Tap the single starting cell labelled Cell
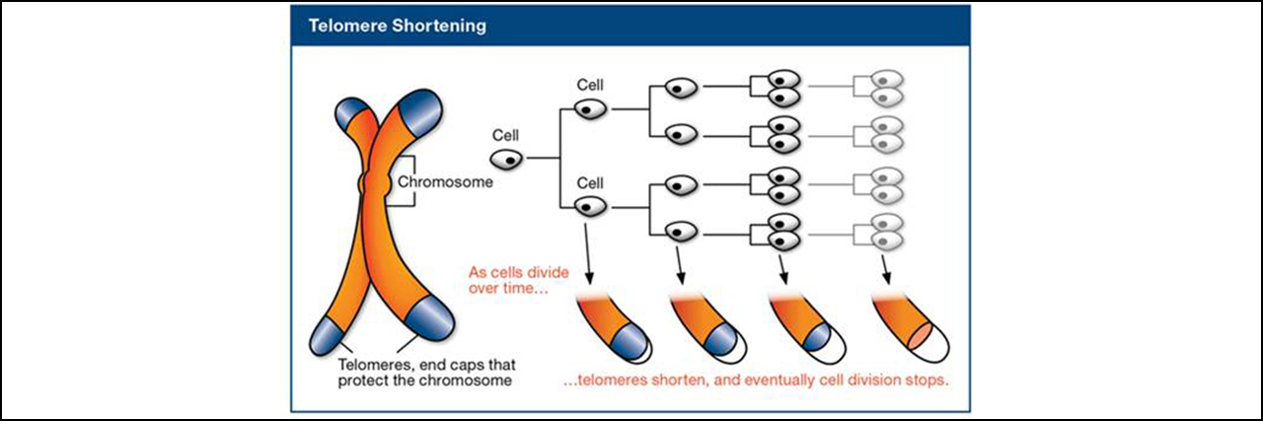tap(506, 157)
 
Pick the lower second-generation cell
tap(590, 207)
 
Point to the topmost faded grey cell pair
tap(889, 88)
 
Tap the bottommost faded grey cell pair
tap(889, 233)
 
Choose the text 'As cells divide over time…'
tap(508, 277)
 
